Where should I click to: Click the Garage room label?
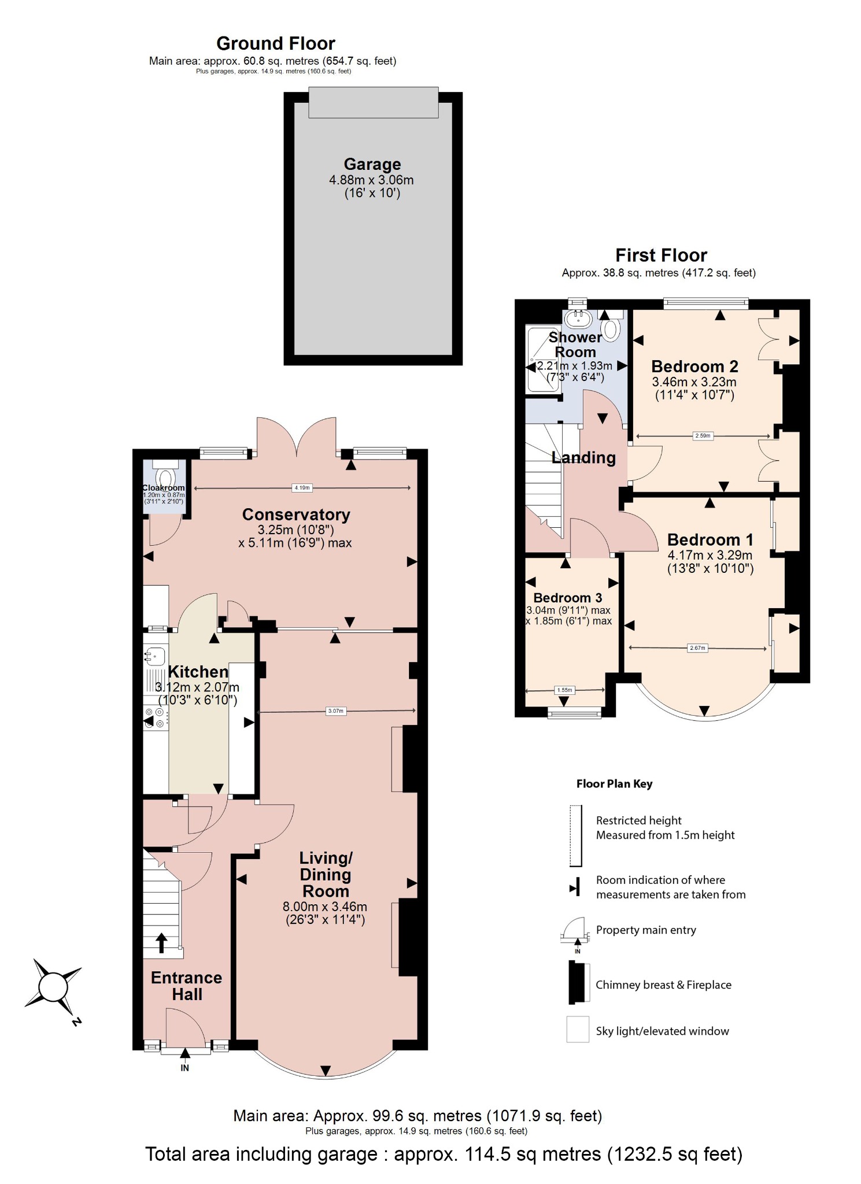point(372,165)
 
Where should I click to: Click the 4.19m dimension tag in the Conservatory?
point(302,488)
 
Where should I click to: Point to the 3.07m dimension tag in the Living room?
point(336,711)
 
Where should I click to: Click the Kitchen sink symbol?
point(155,656)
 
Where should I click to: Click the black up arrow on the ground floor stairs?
point(162,943)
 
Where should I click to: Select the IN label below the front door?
point(184,1068)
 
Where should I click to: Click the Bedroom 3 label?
point(567,598)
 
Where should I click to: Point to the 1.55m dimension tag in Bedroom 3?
point(564,690)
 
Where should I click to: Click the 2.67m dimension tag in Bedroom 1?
point(697,648)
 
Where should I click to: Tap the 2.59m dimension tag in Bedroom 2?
point(703,436)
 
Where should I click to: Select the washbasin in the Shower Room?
point(578,317)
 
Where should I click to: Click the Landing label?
point(583,458)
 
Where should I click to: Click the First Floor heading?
point(660,255)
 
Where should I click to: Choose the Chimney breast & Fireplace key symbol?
point(578,983)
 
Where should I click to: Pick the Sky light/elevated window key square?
point(578,1030)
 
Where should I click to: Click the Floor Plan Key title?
point(614,784)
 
